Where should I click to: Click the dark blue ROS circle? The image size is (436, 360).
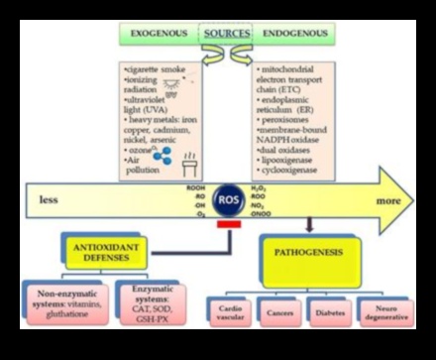coord(227,198)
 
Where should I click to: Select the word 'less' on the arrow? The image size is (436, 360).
coord(49,199)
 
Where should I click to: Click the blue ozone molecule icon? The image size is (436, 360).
coord(163,126)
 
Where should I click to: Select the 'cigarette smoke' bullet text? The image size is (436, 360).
coord(153,71)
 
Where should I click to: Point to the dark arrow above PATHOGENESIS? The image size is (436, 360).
coord(309,224)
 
